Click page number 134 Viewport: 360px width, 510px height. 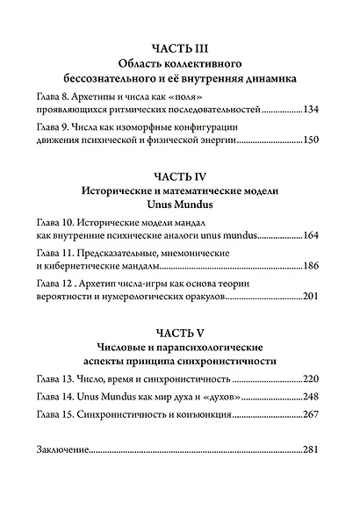315,111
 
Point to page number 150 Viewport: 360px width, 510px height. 315,141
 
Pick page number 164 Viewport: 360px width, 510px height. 315,236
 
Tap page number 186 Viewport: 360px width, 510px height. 315,267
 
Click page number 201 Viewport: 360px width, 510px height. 315,298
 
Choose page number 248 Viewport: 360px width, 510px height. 315,397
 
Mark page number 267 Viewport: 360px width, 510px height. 315,415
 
